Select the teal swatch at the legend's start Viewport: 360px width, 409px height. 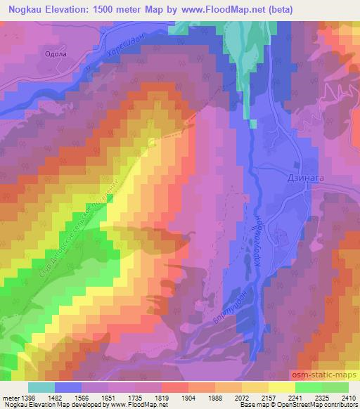tap(41, 387)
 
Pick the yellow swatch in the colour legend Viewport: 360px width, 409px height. tap(282, 387)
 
